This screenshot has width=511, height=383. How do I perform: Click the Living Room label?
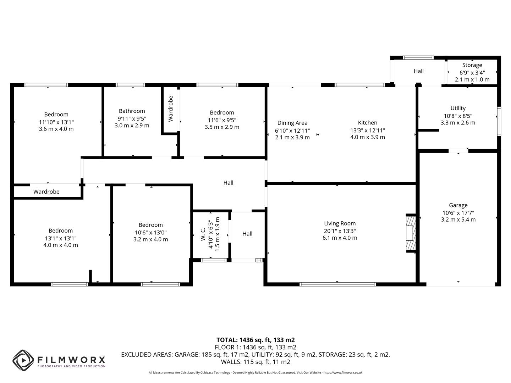340,223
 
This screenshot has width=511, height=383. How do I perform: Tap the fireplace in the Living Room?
411,233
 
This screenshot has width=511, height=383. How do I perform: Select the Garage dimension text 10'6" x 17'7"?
458,213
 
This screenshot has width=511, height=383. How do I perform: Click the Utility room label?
458,108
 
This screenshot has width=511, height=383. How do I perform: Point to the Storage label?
472,65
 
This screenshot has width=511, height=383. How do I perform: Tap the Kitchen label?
367,123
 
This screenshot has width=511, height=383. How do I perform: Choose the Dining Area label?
292,123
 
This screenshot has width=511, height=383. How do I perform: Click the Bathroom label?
132,111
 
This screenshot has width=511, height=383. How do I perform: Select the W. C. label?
203,234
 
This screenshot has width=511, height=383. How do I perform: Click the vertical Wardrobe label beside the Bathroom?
171,109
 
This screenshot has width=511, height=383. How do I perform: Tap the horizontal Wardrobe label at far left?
46,192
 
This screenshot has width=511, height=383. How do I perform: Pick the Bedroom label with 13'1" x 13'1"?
61,231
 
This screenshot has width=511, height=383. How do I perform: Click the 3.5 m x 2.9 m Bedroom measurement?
222,127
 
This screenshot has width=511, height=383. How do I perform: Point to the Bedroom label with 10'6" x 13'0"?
150,225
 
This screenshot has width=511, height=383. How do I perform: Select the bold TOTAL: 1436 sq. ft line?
255,340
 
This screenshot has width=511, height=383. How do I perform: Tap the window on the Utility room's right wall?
499,121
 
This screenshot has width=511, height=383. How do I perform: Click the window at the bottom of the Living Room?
337,284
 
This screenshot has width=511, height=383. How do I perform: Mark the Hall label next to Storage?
419,71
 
